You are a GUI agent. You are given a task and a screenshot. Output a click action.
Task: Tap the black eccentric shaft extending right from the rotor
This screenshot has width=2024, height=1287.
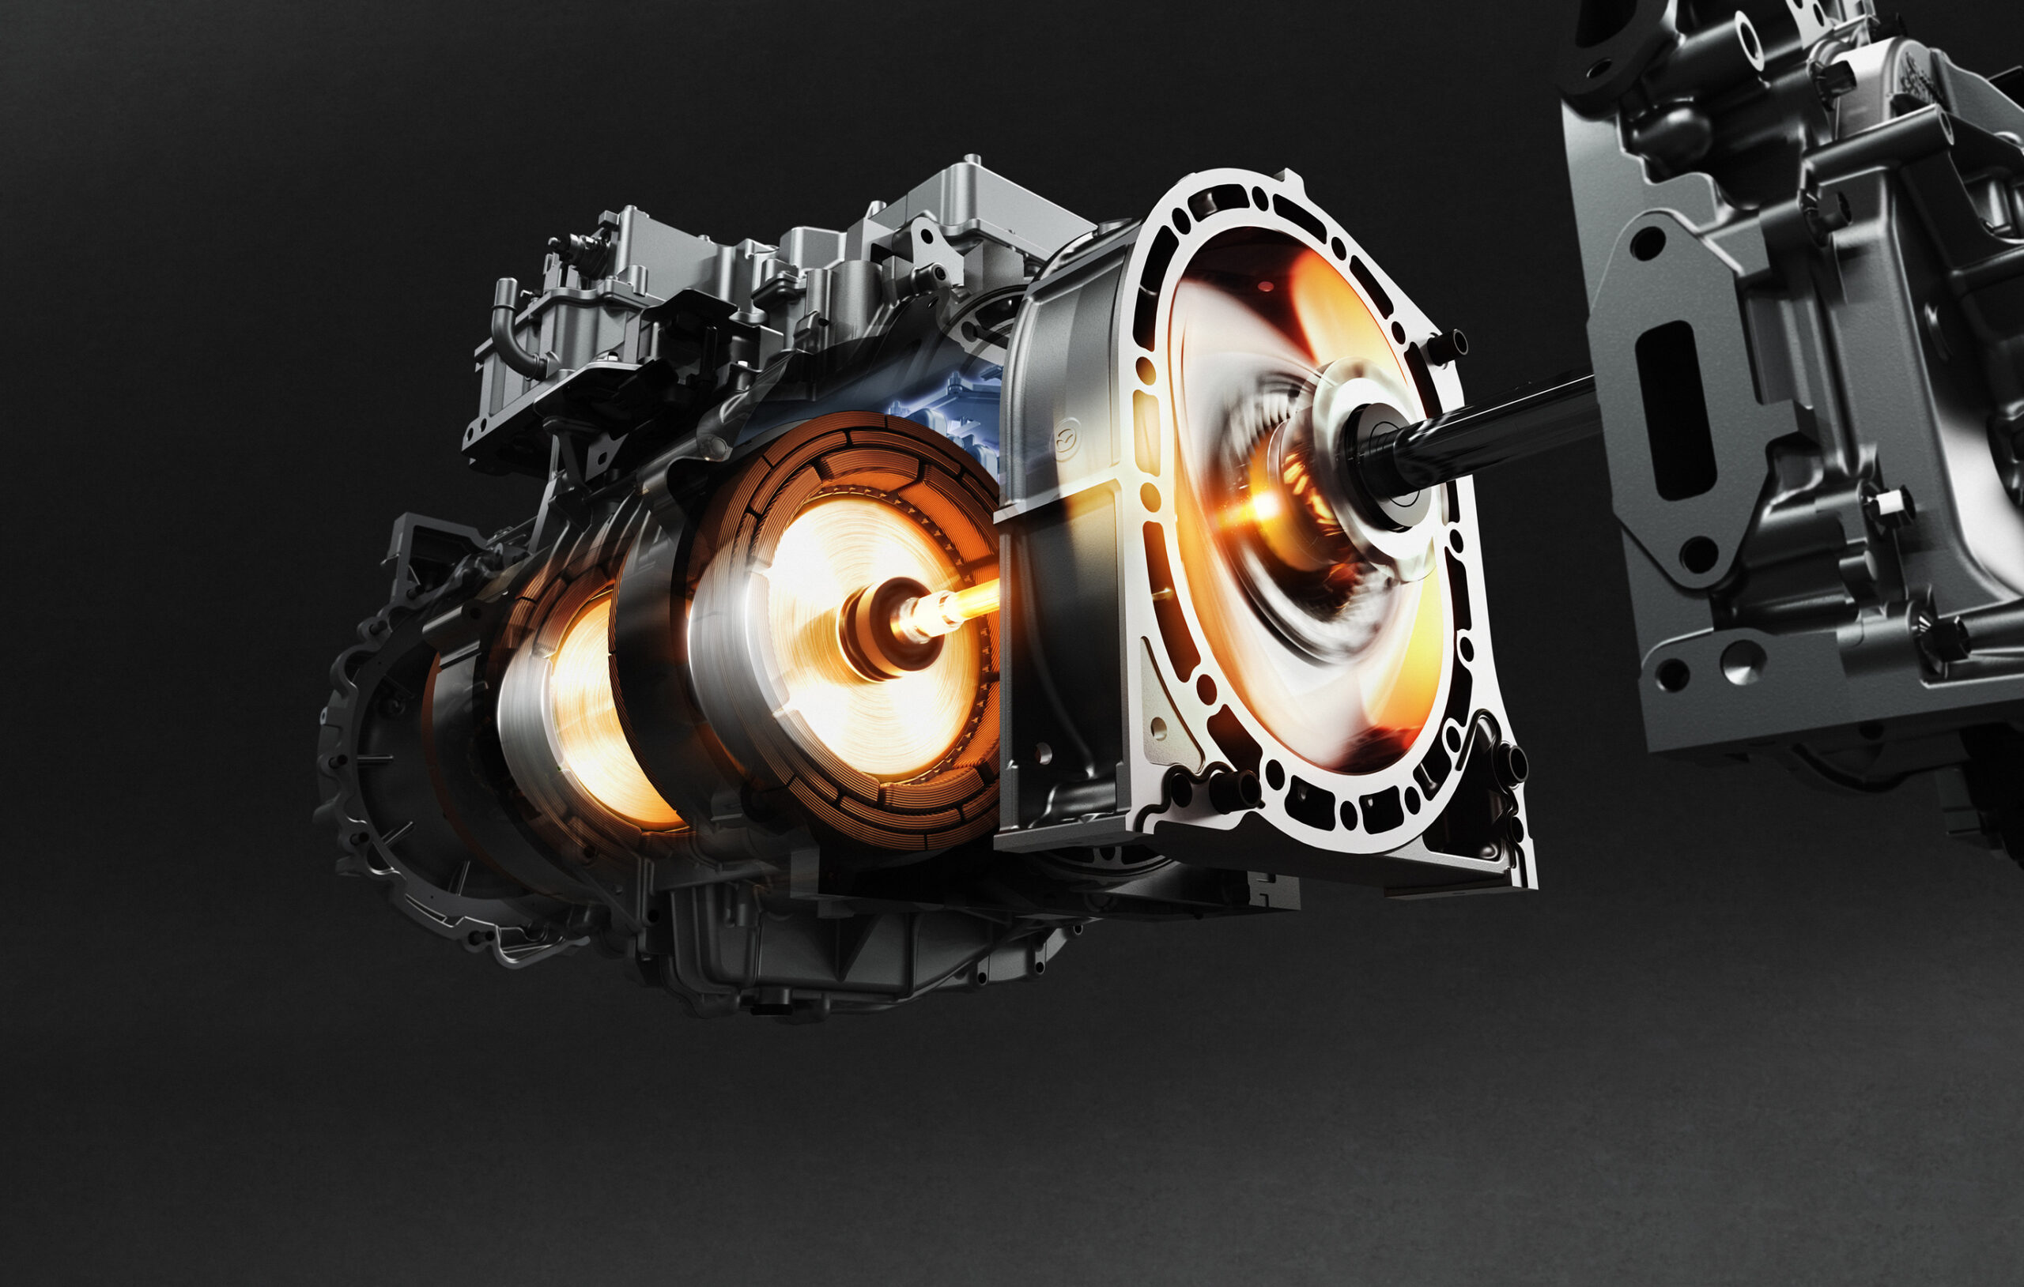point(1496,424)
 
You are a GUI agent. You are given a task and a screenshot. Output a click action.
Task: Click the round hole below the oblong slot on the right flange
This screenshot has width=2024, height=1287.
point(1698,555)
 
